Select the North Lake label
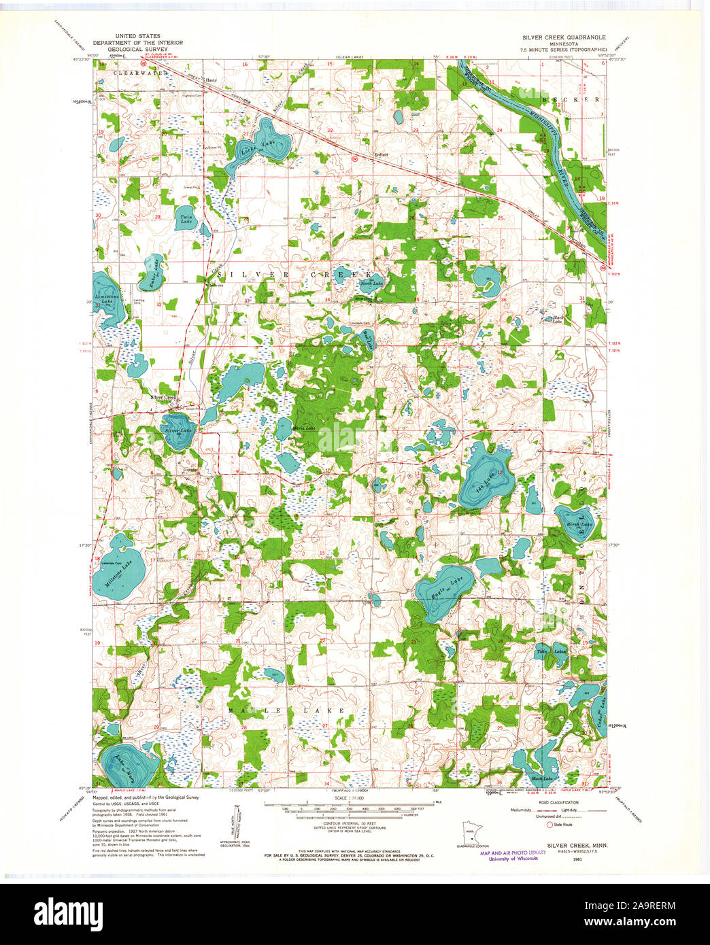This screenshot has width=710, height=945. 371,283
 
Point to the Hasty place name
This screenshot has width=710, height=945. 211,80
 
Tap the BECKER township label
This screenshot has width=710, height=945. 571,99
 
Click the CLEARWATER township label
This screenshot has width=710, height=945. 140,73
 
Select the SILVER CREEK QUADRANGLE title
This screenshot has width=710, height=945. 563,37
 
